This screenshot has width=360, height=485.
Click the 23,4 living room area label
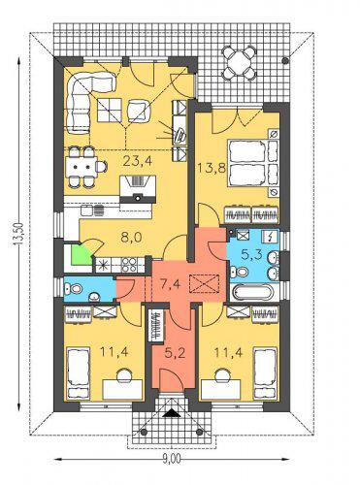pos(138,161)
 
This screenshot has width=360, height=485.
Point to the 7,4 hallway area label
pos(170,284)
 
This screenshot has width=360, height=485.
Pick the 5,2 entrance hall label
pos(175,353)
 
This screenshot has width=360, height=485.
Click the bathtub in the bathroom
pos(253,293)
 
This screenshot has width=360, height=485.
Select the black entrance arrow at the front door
pos(171,413)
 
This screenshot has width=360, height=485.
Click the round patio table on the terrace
pos(239,61)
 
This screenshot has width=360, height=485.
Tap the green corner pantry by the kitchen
pos(81,254)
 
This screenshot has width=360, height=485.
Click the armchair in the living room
pos(139,111)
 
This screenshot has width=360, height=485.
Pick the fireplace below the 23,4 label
pos(138,189)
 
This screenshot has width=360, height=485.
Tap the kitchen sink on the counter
pos(93,210)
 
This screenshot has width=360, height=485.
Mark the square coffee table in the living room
pos(110,111)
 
